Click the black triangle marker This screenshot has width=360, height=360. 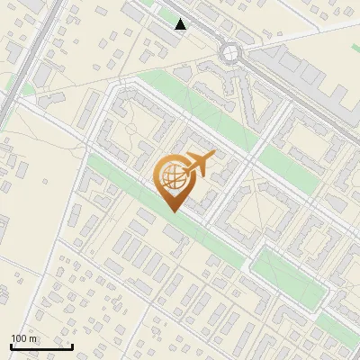181,24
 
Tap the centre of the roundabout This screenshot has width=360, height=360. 237,53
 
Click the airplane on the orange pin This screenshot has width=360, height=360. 199,165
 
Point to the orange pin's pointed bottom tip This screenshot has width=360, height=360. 172,211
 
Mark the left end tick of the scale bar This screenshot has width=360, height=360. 11,346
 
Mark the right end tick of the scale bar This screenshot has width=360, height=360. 72,346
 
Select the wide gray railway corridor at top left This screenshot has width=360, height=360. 22,63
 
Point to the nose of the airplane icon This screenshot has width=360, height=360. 214,156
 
